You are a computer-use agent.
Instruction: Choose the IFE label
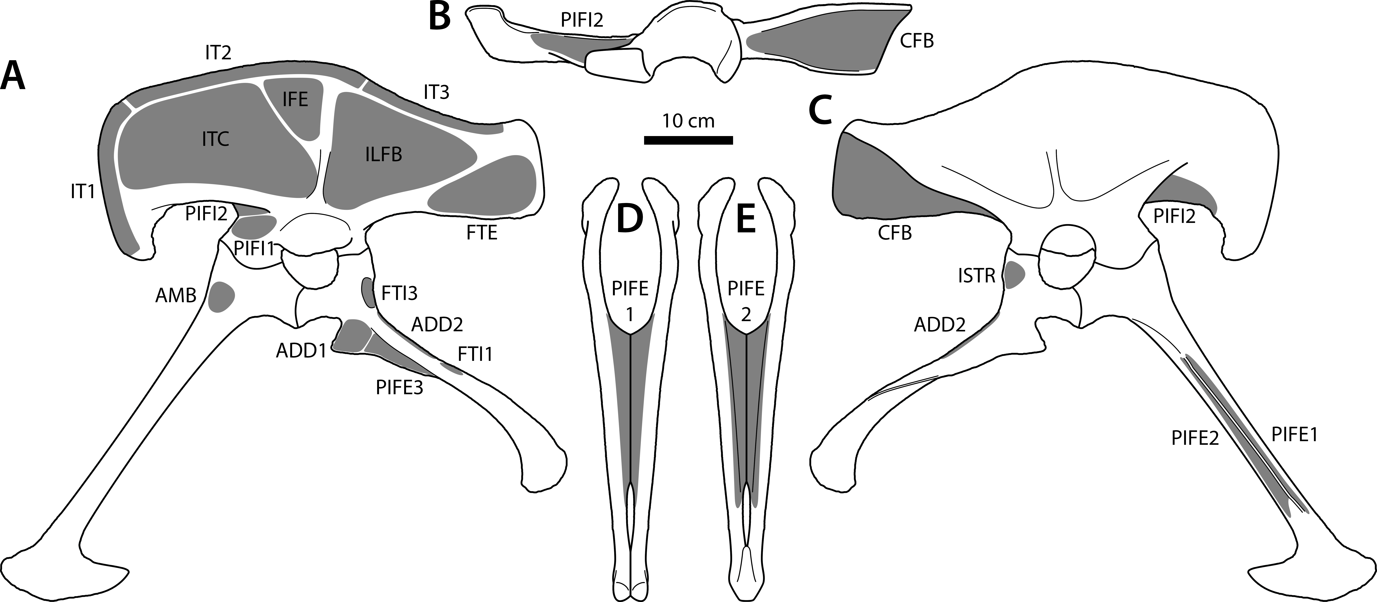pyautogui.click(x=295, y=99)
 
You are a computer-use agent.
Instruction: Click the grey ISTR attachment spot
pyautogui.click(x=1013, y=275)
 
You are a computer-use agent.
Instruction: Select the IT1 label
pyautogui.click(x=83, y=191)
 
